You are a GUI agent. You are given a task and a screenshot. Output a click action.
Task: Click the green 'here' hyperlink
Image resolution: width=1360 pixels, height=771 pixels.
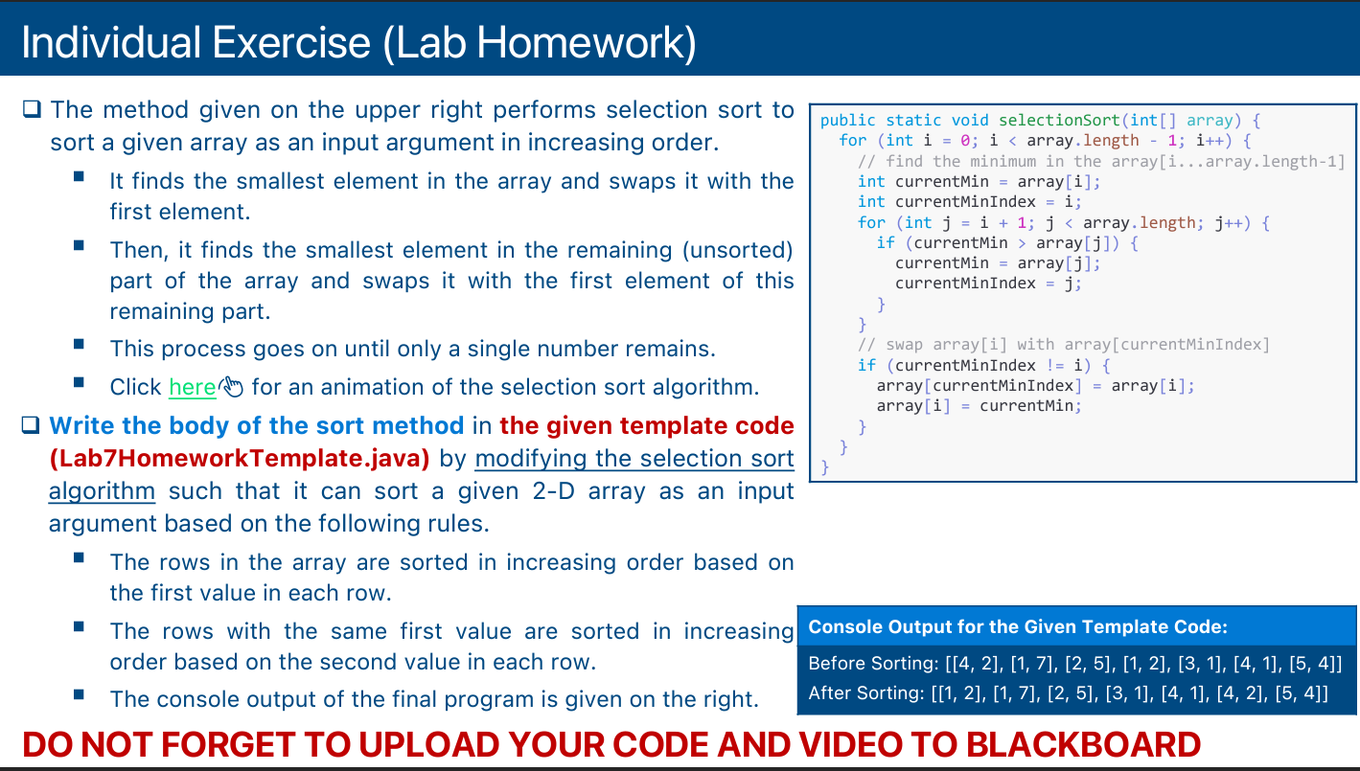(192, 387)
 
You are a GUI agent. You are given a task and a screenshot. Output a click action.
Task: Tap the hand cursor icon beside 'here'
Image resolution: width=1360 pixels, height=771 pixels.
(232, 387)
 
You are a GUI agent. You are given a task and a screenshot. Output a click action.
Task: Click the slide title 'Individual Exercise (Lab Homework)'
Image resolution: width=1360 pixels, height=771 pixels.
(358, 43)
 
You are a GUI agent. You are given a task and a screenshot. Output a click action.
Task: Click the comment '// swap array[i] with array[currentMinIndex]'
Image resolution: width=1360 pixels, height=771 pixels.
(1063, 345)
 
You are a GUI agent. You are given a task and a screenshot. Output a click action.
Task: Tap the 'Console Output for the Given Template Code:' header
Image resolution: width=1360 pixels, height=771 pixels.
(1018, 627)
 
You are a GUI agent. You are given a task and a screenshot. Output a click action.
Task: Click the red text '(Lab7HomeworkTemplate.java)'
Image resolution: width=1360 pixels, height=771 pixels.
(239, 458)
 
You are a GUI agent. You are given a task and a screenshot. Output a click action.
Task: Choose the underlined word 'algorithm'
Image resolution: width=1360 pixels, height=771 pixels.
(102, 491)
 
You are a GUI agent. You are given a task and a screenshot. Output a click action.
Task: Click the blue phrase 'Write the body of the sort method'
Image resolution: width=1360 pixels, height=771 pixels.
(256, 425)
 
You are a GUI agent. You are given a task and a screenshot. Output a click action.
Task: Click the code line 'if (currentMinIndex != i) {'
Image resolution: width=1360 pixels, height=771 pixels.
(983, 365)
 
